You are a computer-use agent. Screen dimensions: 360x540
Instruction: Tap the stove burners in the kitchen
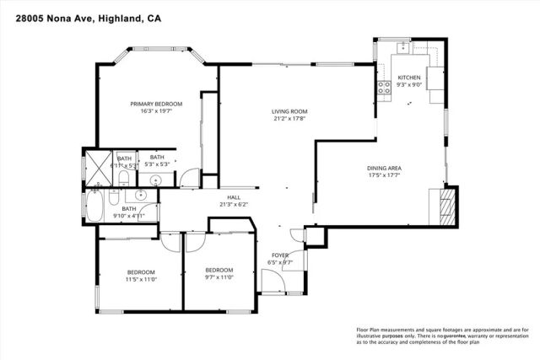[x=382, y=85]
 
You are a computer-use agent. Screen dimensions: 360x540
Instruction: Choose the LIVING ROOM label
[x=289, y=111]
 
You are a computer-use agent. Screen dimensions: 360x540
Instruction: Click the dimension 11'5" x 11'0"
[x=141, y=279]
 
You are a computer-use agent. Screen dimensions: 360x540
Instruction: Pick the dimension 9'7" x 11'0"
[x=219, y=277]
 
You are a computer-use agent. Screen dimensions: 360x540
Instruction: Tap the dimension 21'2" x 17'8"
[x=289, y=119]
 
